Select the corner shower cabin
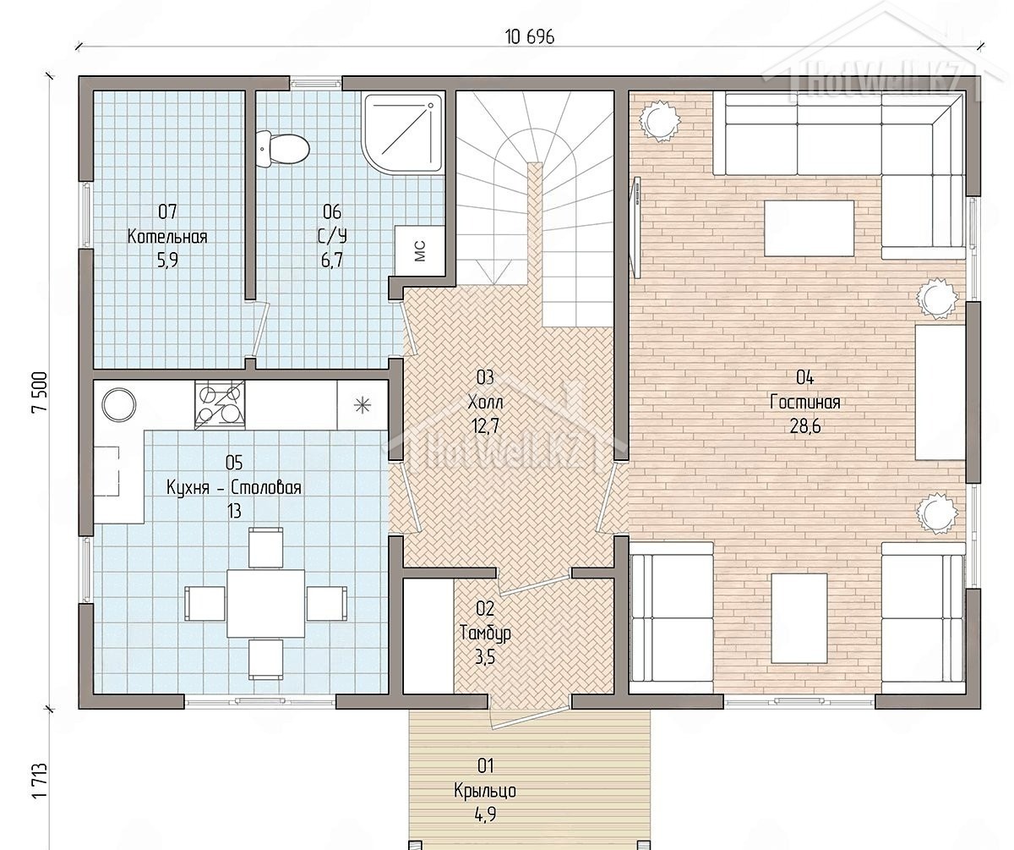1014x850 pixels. click(x=403, y=134)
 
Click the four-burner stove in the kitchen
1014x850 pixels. click(x=220, y=405)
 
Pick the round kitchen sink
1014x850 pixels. click(x=118, y=405)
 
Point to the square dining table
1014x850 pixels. click(x=265, y=603)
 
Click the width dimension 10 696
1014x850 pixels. click(x=529, y=37)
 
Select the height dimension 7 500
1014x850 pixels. click(x=40, y=392)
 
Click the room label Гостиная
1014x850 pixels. click(x=804, y=403)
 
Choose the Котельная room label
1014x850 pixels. click(x=167, y=237)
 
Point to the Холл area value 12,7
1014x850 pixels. click(x=485, y=426)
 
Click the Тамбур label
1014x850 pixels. click(x=485, y=633)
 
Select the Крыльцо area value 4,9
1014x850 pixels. click(x=485, y=814)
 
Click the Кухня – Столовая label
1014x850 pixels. click(x=233, y=487)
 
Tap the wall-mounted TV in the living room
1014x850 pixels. click(x=635, y=228)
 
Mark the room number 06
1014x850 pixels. click(x=332, y=212)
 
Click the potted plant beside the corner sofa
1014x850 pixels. click(x=658, y=121)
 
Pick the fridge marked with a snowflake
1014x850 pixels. click(x=363, y=405)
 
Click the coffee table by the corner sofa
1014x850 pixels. click(x=809, y=228)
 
